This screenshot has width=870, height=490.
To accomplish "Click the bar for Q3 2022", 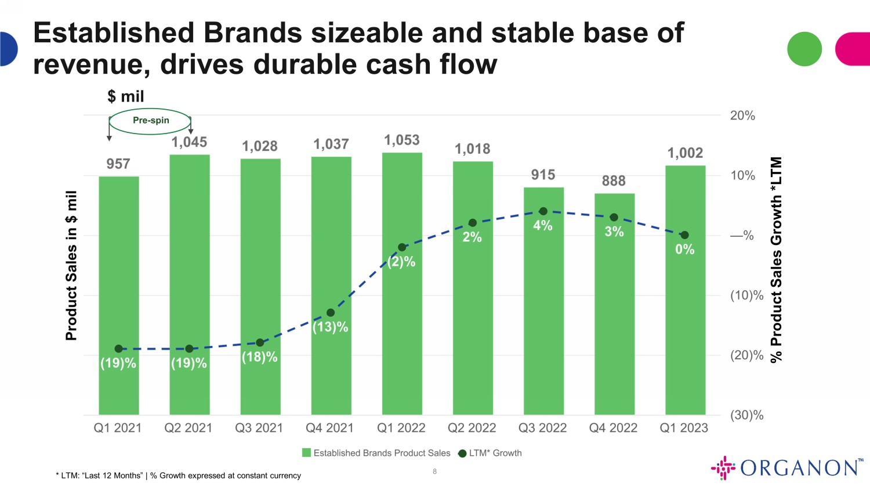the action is coord(543,301).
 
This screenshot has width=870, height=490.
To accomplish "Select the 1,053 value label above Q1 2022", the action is coord(402,140).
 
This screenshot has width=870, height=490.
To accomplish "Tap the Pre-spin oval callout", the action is coord(150,121).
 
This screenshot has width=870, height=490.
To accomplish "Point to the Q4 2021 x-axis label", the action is coord(330,428).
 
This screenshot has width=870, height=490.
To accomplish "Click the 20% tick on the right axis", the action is coord(742,116).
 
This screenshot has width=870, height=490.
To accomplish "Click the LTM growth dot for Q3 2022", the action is coord(543,211).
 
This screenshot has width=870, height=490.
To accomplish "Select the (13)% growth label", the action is coord(330,327).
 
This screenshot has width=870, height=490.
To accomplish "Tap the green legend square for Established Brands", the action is coord(306,453).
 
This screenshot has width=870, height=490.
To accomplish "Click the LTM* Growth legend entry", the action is coord(490,453).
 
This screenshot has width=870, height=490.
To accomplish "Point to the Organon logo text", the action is coord(799,467).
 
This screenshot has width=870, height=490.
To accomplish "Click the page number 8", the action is coord(434,471).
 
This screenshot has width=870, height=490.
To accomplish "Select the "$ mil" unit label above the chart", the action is coord(125,96).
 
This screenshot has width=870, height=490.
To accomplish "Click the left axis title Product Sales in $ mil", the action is coord(71,266).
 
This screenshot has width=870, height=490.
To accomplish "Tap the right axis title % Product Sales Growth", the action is coord(776,260).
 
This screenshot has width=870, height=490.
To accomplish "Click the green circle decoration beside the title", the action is coord(804,49).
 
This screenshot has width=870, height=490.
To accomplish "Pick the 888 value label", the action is coord(614,181).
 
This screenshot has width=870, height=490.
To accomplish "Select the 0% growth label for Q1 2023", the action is coord(685,249).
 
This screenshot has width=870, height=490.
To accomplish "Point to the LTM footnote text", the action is coord(179,475).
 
